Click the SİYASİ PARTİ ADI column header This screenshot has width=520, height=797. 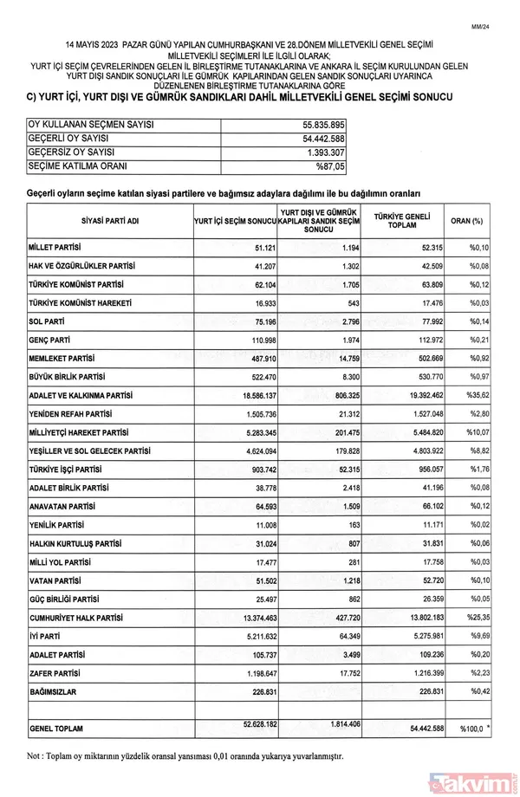pos(107,222)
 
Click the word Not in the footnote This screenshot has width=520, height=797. pos(36,755)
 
